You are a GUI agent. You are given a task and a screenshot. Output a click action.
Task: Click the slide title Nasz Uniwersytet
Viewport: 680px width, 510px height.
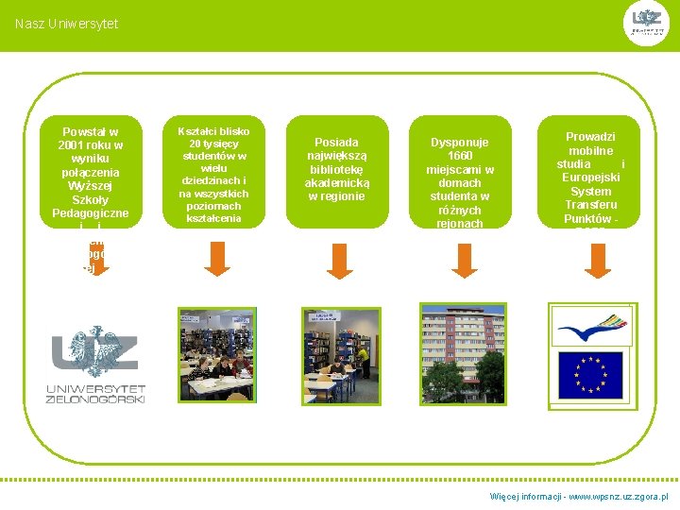click(x=67, y=24)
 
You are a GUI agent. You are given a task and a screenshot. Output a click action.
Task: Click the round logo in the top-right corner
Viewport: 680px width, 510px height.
click(x=649, y=24)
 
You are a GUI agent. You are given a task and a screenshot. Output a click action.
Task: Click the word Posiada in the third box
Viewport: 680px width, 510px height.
click(x=336, y=143)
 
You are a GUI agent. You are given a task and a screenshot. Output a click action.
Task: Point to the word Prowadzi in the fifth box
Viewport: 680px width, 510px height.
click(x=590, y=137)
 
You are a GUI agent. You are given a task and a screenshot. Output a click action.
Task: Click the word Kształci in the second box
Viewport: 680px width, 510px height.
click(x=195, y=131)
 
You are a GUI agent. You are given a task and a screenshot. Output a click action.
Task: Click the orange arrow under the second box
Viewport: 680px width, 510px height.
click(x=217, y=259)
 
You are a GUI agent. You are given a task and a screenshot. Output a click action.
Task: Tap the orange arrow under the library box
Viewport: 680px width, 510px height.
click(x=336, y=259)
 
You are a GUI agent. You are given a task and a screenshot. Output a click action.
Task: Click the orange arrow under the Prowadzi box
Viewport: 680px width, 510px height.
click(x=598, y=259)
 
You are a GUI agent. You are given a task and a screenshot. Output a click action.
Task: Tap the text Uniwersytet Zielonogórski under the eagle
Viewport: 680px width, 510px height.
click(x=95, y=393)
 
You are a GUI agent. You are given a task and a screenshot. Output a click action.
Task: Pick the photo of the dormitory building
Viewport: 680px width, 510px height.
click(x=462, y=354)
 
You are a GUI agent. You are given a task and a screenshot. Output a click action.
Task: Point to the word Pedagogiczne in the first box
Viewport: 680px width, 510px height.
click(x=90, y=213)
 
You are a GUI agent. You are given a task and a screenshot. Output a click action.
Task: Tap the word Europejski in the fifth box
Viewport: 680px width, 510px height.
click(x=590, y=178)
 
